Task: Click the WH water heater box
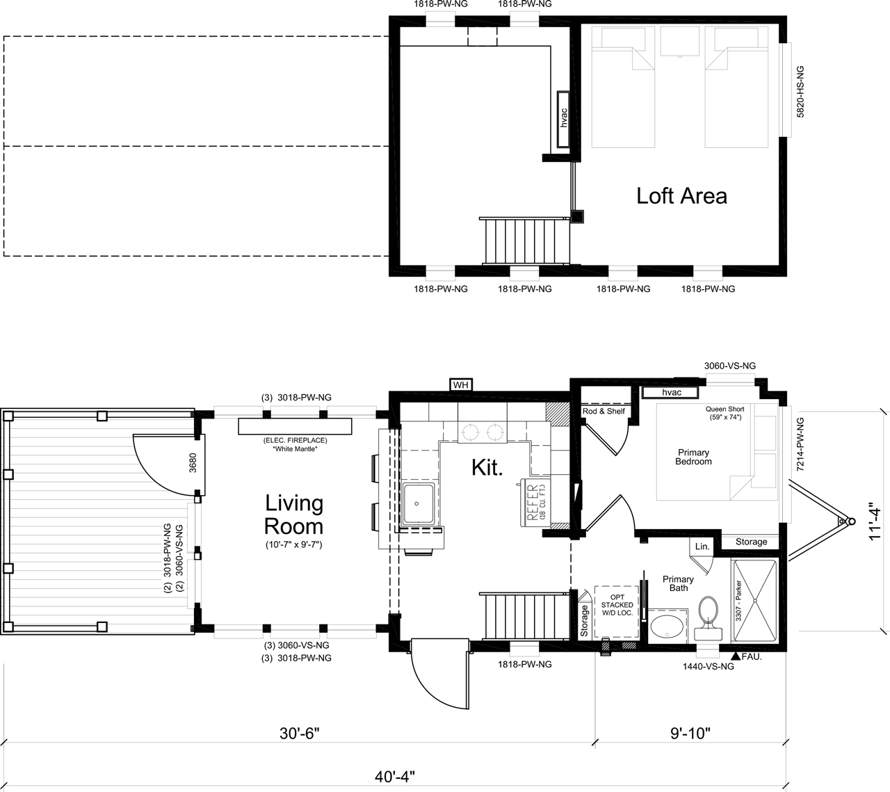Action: (460, 385)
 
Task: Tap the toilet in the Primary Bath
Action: (708, 617)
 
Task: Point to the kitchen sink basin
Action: (418, 504)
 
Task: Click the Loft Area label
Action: (681, 196)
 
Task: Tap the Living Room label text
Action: (294, 515)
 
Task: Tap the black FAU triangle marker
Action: (736, 656)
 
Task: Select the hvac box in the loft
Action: (564, 119)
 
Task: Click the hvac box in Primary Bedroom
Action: (670, 392)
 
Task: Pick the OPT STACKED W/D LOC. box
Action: (617, 611)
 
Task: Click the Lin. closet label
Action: (702, 547)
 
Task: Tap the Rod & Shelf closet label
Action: (604, 411)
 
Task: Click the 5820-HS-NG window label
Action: (800, 91)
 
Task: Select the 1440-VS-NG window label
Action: (708, 666)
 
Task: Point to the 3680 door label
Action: (193, 462)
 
